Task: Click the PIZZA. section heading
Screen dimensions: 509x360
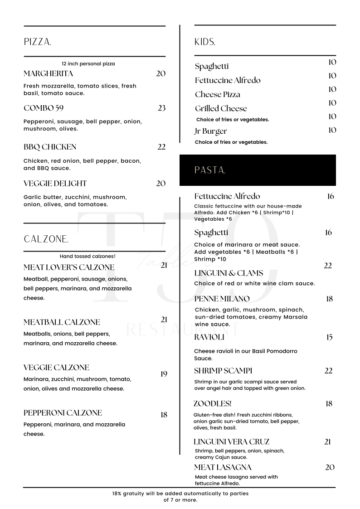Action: click(x=37, y=42)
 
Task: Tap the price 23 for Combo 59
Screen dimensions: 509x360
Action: click(x=161, y=108)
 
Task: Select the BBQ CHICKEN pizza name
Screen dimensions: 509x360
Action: click(x=50, y=147)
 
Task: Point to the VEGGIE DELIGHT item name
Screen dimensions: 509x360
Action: click(x=55, y=184)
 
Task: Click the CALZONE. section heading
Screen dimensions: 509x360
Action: click(x=46, y=239)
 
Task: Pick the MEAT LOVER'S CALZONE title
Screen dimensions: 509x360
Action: click(x=69, y=267)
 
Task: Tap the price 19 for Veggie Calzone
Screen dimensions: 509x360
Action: click(x=164, y=374)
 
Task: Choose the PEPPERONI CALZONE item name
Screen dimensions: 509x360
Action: click(x=63, y=413)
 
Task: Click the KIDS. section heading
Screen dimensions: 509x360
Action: click(x=204, y=42)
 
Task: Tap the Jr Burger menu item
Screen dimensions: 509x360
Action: click(x=211, y=131)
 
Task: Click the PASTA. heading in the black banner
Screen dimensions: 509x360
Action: click(x=210, y=170)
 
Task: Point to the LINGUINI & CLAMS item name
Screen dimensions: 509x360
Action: click(x=229, y=273)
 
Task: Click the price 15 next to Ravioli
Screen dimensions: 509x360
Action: click(x=329, y=337)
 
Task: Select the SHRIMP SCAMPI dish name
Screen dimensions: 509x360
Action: click(x=223, y=371)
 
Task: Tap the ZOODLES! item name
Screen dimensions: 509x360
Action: click(x=212, y=403)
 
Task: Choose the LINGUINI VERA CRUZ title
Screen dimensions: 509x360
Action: click(x=231, y=441)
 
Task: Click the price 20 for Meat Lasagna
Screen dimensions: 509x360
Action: click(x=330, y=467)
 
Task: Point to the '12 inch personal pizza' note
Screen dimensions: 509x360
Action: click(x=88, y=64)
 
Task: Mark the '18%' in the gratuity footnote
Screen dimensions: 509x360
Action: click(x=117, y=494)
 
